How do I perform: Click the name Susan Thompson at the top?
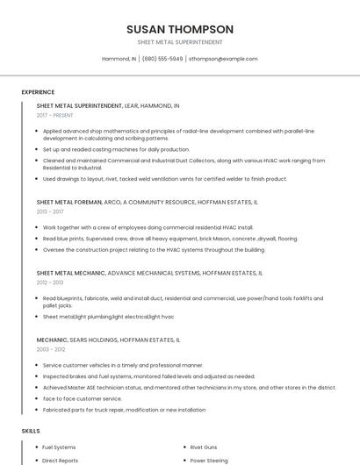179,29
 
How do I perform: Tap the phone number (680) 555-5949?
162,59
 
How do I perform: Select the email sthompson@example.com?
223,59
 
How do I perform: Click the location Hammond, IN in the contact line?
119,59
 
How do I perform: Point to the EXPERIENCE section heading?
38,92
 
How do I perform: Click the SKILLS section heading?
31,431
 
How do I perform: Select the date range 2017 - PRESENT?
54,115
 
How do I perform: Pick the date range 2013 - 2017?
50,211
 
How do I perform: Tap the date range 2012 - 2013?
49,283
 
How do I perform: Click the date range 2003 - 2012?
50,349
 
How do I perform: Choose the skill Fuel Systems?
59,447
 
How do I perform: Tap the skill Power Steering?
209,460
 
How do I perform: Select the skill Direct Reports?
60,460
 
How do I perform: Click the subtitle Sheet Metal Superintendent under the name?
179,42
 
